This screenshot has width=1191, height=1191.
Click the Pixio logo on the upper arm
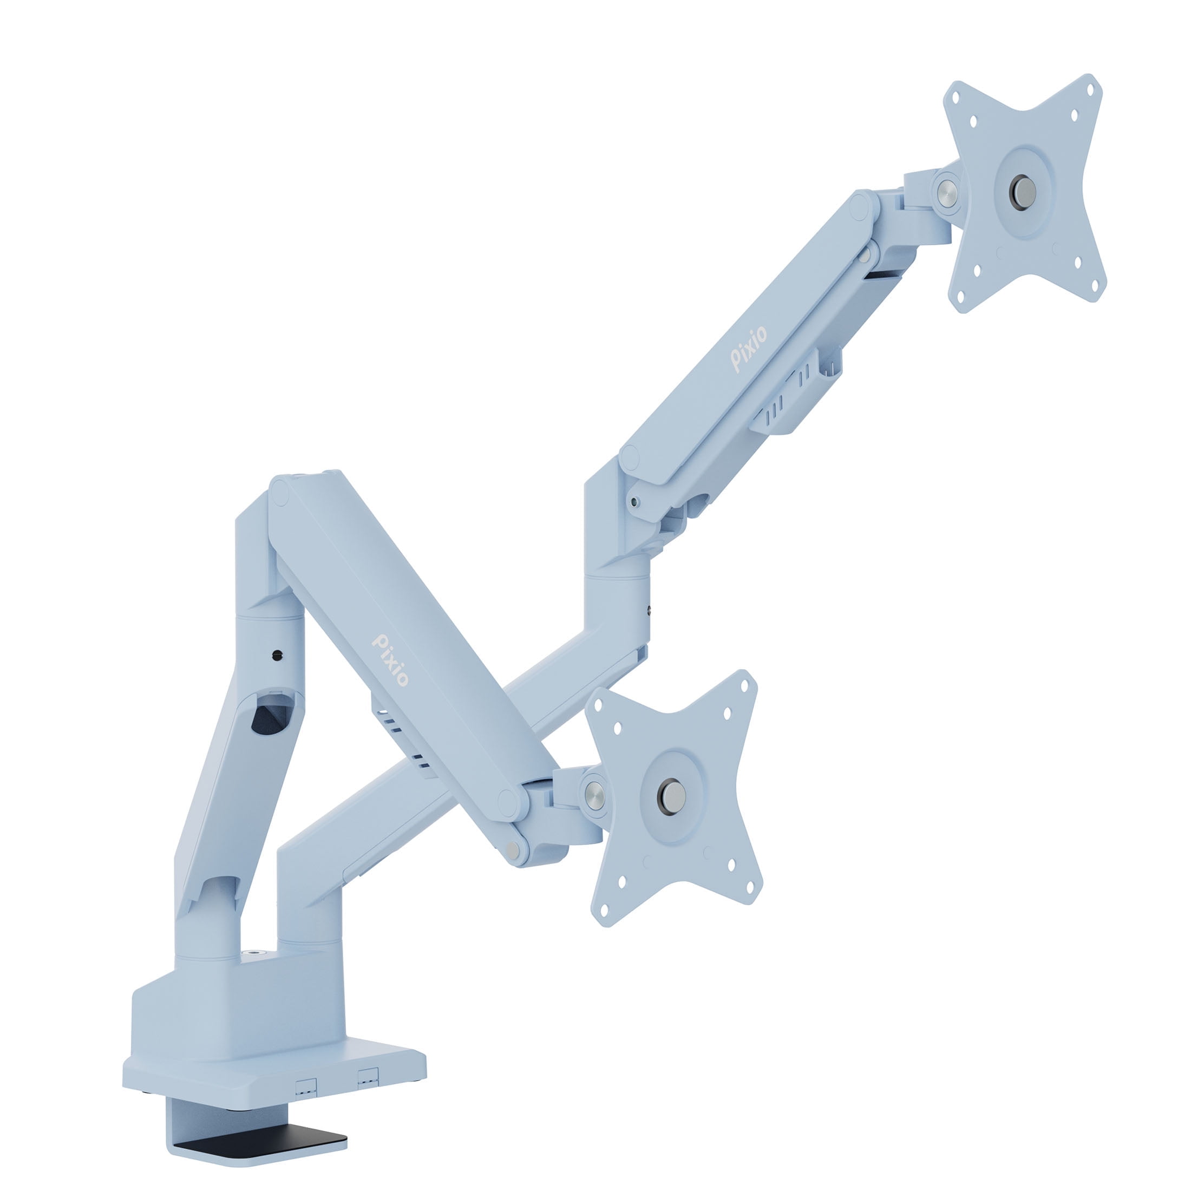[x=750, y=349]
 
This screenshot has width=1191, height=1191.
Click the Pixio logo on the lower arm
[x=390, y=660]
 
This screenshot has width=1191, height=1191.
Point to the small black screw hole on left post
[x=276, y=655]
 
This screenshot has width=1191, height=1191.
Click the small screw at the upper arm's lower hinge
[x=634, y=502]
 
